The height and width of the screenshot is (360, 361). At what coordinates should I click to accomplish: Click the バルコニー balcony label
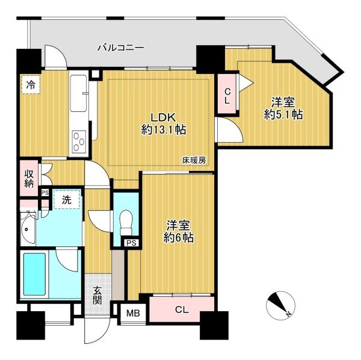(x=121, y=48)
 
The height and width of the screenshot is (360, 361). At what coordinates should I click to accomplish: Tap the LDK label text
(x=163, y=117)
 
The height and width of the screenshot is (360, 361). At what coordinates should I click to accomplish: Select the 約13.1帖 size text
(x=164, y=130)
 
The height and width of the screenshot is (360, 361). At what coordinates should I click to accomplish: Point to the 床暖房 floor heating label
(x=194, y=160)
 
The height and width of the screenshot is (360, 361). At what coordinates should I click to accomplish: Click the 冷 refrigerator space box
(x=31, y=84)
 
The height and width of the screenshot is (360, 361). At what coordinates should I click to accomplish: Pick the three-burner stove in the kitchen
(x=79, y=141)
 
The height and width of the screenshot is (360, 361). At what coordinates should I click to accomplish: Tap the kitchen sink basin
(x=79, y=93)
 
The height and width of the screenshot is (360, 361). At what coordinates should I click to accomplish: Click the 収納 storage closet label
(x=29, y=179)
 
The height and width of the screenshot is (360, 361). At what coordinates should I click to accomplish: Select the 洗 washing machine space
(x=67, y=199)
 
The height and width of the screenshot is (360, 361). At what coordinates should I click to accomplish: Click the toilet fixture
(x=126, y=222)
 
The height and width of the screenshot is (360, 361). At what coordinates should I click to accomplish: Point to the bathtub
(x=34, y=274)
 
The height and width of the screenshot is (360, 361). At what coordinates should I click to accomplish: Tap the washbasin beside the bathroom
(x=28, y=229)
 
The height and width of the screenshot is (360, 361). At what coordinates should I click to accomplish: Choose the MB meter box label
(x=134, y=313)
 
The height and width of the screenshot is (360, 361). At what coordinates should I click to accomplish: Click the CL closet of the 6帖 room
(x=182, y=309)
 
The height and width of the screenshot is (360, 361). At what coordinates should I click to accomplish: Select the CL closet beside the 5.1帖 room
(x=227, y=93)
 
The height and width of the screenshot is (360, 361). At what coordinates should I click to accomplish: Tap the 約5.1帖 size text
(x=283, y=114)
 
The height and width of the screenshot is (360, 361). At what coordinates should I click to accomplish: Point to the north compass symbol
(x=280, y=306)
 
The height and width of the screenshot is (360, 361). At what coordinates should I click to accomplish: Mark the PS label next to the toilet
(x=131, y=243)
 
